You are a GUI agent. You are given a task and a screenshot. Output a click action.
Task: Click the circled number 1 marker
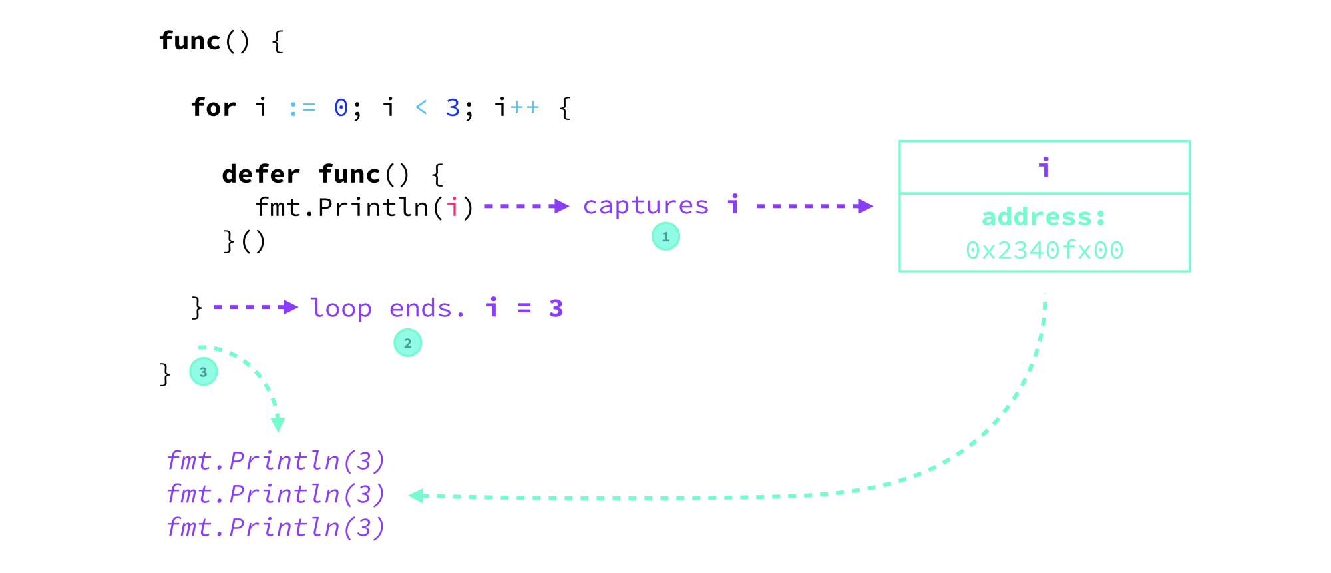point(665,237)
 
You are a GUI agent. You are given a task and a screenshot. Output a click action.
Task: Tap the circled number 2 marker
point(407,343)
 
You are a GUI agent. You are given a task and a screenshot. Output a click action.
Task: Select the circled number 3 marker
point(203,372)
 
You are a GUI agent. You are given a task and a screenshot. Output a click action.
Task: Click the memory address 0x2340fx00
point(1044,251)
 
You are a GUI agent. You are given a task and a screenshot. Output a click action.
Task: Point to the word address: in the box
point(1044,217)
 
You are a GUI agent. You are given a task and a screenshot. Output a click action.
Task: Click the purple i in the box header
point(1044,167)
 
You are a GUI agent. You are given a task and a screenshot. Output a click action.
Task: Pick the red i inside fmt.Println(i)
point(453,207)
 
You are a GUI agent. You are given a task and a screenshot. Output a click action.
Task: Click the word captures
point(646,206)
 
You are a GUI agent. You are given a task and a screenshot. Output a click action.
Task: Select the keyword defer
point(261,174)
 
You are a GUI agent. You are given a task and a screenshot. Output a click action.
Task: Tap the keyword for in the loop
point(213,107)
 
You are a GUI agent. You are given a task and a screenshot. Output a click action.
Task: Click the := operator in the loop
point(302,108)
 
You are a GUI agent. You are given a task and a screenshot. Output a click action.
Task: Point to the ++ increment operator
point(524,108)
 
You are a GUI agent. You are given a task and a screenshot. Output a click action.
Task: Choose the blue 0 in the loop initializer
point(341,107)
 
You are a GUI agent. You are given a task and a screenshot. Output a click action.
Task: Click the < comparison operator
point(421,107)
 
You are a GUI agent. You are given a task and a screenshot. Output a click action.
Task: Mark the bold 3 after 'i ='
point(556,308)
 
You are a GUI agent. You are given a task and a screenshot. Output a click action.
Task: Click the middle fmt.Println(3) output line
point(276,494)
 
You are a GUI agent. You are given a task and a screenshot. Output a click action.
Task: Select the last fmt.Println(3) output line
point(276,528)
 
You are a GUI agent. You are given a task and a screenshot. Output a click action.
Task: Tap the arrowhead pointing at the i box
point(864,206)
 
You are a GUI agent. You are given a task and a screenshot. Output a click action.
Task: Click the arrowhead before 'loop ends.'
point(290,307)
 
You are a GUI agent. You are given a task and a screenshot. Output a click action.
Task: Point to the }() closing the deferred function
point(244,241)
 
